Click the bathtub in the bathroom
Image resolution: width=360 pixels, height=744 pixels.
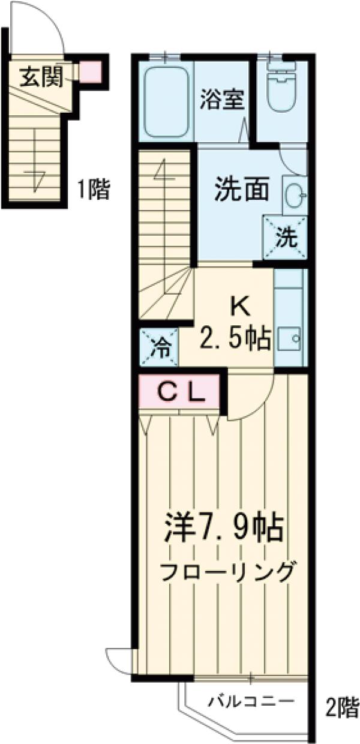[x=167, y=100]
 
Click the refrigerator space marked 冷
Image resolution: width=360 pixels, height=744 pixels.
[x=159, y=347]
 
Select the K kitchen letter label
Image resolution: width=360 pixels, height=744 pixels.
[x=239, y=307]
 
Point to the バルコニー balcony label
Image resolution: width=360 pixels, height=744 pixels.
[x=251, y=701]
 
